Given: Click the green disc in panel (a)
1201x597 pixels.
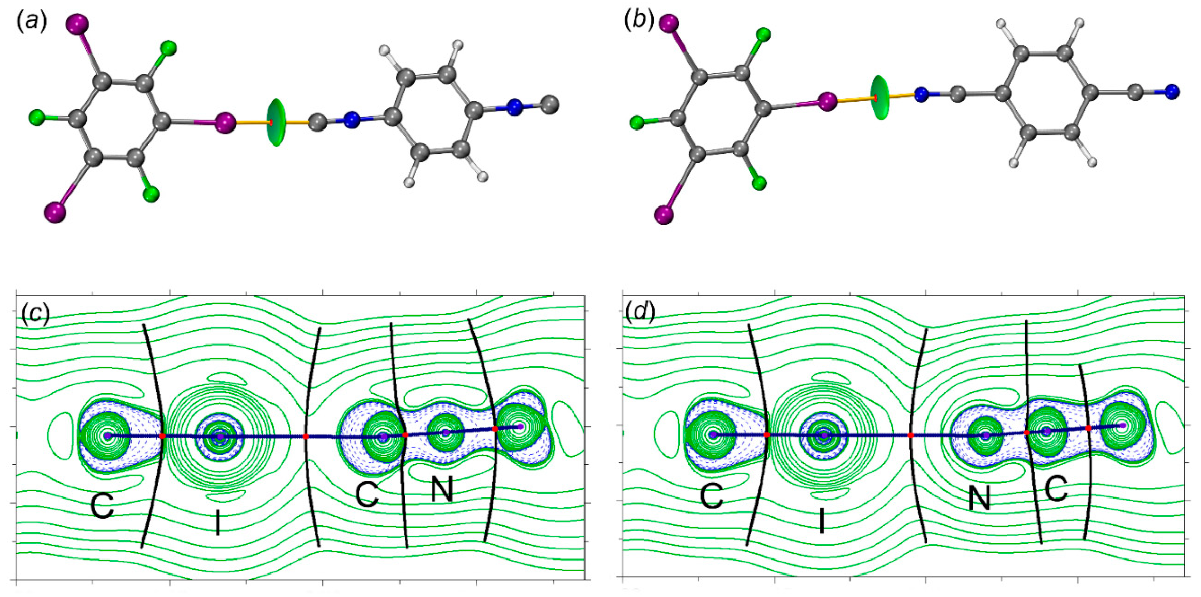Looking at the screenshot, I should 276,123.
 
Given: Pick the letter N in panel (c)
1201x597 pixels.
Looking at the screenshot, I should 441,490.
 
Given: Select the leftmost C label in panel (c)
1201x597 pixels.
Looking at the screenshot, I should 102,506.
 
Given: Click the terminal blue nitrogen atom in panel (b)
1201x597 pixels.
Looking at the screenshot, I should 1171,92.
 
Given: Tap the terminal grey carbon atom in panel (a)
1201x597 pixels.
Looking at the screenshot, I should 551,104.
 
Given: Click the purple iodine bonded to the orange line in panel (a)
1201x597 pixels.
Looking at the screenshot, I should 225,122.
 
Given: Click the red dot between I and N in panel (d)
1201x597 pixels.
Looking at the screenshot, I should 910,435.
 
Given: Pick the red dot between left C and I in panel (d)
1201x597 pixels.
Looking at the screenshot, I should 767,435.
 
